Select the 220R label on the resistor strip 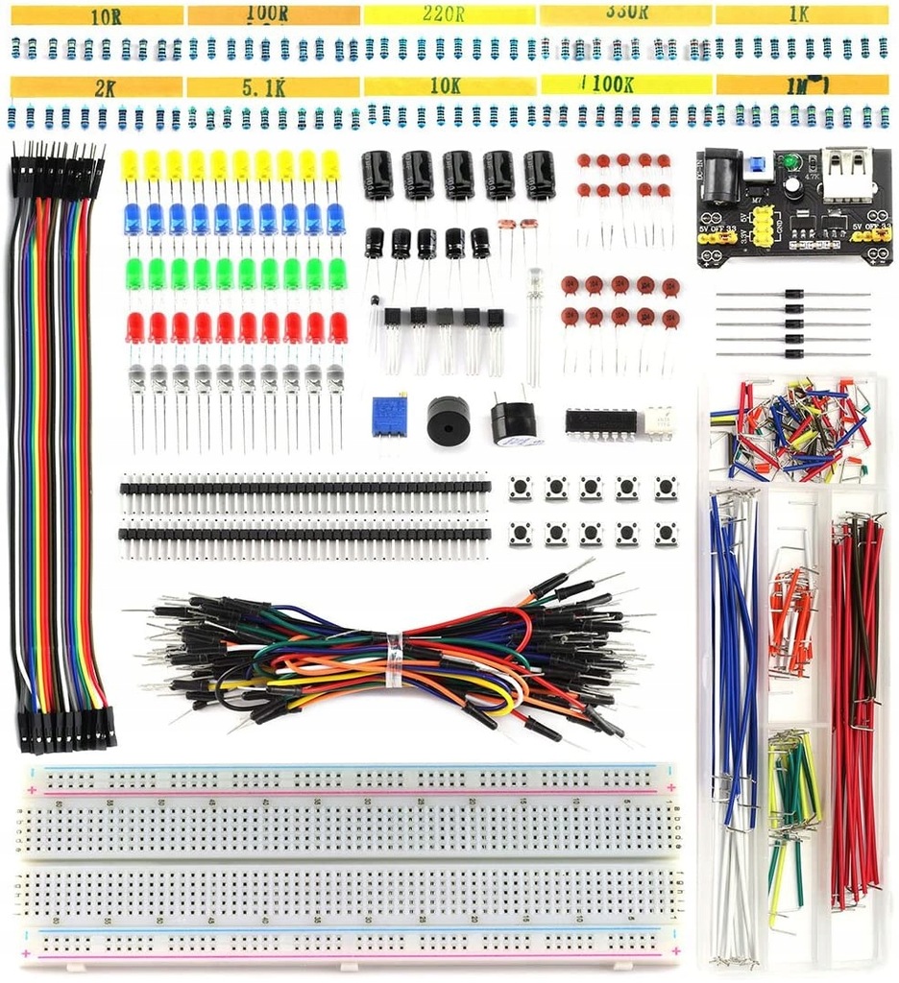pos(447,15)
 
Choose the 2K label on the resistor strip pos(105,89)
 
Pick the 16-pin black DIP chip pos(600,421)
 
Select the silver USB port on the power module pos(846,165)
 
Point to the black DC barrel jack pos(720,176)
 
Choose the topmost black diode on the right pos(793,294)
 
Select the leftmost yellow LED pos(130,165)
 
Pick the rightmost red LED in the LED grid pos(337,327)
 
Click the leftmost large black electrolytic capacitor pos(377,176)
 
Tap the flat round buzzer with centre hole pos(448,419)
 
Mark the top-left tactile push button pos(520,488)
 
